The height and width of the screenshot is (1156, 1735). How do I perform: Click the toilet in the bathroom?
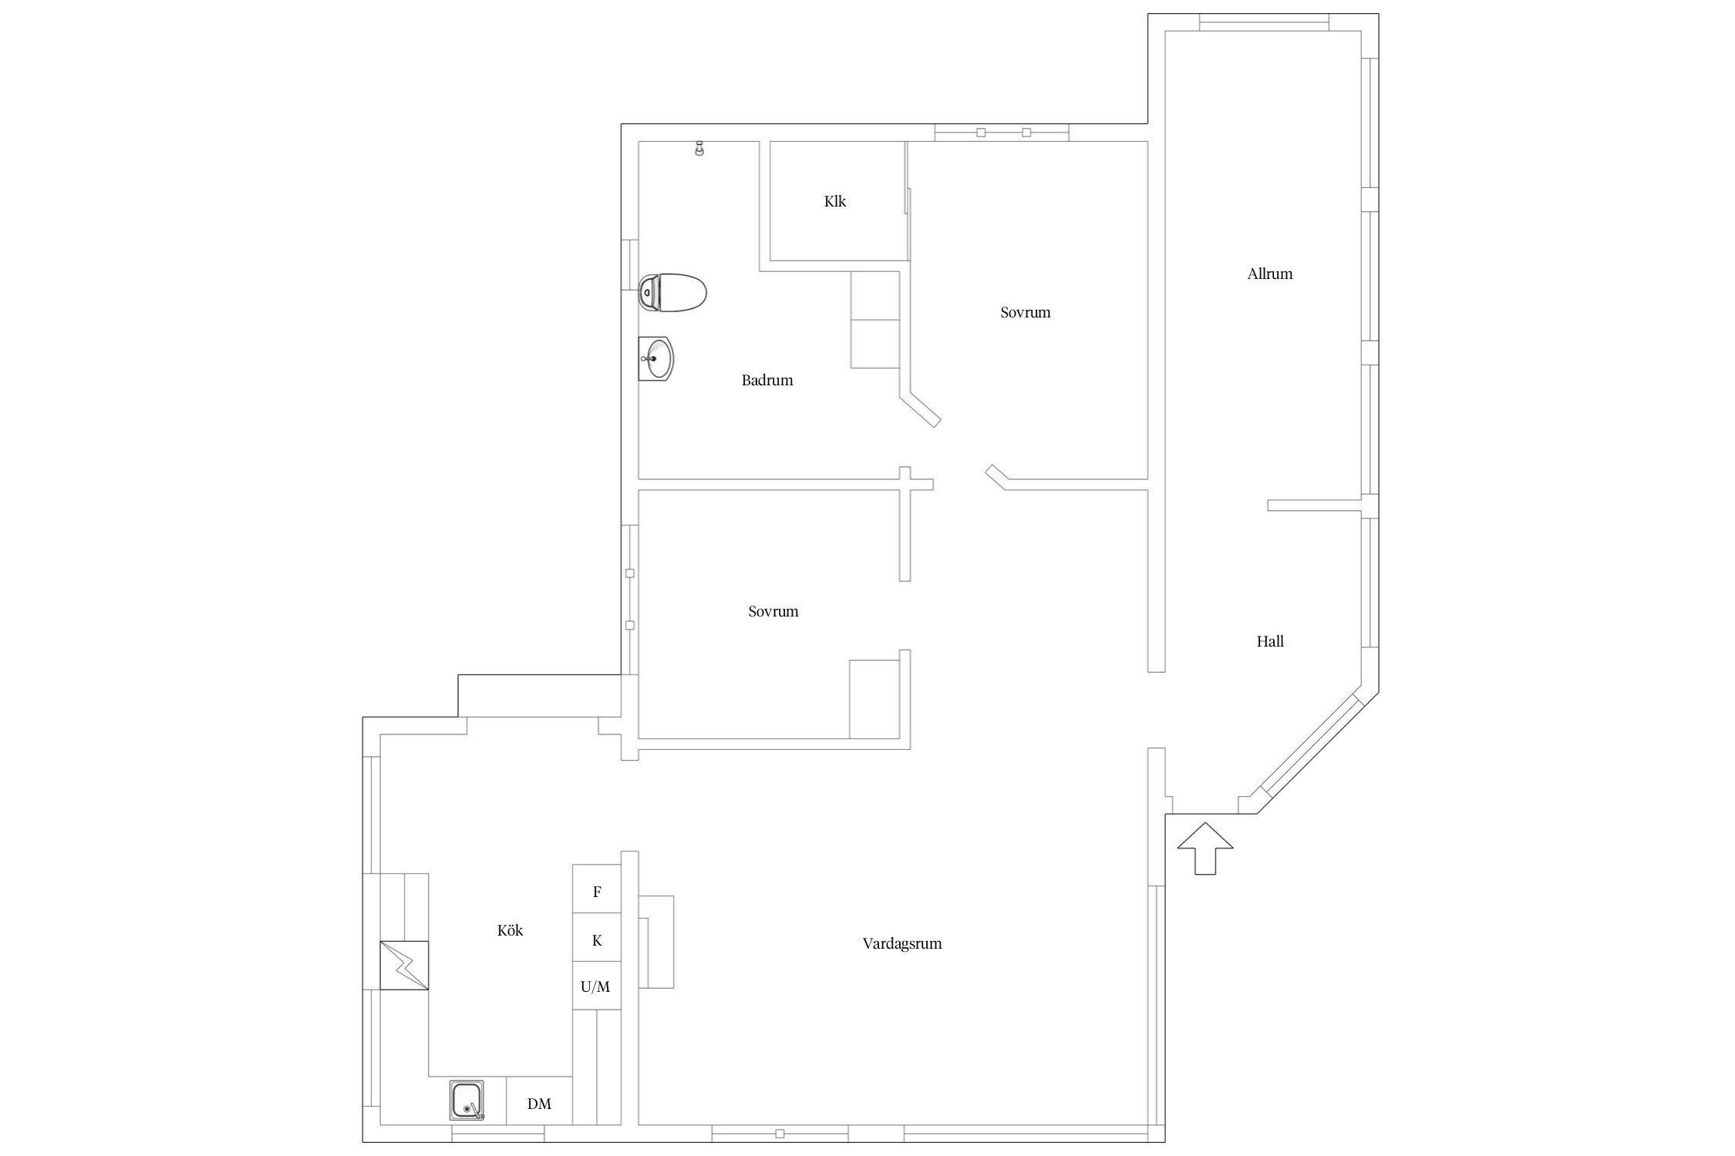673,293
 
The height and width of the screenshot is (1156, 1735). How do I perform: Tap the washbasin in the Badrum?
657,358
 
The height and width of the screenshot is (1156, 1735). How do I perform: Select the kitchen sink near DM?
467,1100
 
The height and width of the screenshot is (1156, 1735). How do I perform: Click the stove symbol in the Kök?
404,965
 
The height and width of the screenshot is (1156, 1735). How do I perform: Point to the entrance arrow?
1204,848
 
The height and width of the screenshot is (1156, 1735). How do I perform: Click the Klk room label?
835,202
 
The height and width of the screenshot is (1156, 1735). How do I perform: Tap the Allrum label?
1269,274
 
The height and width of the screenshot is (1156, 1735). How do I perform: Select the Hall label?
1269,641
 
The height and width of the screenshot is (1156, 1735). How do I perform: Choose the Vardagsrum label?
901,943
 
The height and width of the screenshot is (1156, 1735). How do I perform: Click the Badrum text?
766,380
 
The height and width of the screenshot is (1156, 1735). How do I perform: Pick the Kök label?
510,931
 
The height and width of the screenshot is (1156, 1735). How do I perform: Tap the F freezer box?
596,892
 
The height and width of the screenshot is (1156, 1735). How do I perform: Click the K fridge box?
596,940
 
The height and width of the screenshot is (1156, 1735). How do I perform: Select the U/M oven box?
596,986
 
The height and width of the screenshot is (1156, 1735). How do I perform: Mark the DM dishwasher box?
539,1104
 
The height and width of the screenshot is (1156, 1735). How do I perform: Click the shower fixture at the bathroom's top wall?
699,148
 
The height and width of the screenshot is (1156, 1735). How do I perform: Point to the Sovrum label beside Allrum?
1025,312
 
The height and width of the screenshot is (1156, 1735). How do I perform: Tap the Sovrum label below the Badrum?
773,611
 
